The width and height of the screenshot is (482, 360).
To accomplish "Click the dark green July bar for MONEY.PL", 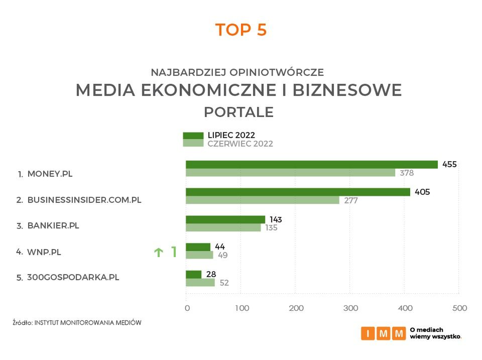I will tap(311, 164).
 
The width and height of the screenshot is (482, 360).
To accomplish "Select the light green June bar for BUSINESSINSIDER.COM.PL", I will tap(262, 200).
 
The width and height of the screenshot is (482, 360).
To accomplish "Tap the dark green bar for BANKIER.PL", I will tap(225, 219).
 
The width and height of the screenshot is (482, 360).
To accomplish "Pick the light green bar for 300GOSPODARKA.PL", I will tap(200, 282).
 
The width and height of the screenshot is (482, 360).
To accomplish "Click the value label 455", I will tap(449, 164).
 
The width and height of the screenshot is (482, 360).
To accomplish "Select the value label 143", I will tap(275, 219).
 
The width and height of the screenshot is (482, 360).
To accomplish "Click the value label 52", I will tap(224, 283).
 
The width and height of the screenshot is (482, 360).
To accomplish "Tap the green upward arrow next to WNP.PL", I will tap(159, 253).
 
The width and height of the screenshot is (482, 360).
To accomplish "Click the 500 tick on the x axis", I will tap(459, 308).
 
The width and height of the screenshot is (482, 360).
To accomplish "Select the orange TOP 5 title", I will tap(241, 30).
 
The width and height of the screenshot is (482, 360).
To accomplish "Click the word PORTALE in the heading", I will tap(238, 112).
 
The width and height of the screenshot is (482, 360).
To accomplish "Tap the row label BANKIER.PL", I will tap(53, 225).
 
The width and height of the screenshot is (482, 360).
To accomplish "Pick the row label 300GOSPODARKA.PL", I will tap(73, 277).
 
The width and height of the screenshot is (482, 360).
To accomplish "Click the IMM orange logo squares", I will tap(383, 333).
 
